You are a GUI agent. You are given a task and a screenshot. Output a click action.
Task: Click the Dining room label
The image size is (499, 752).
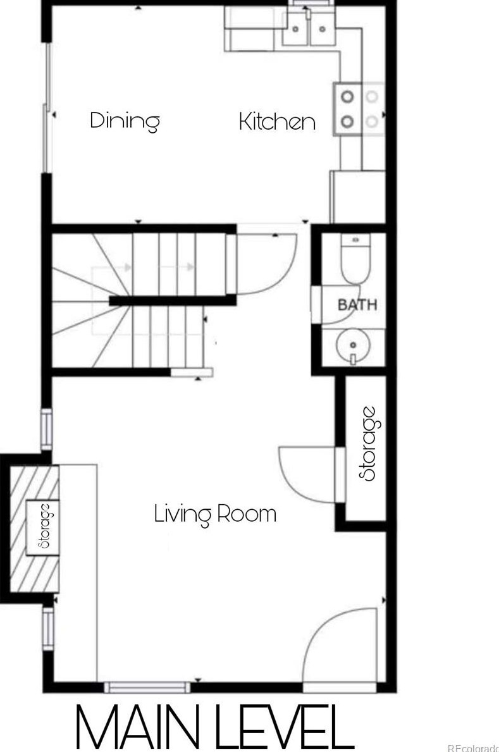coord(125,121)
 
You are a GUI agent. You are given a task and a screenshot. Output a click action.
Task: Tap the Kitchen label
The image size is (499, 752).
coord(278,121)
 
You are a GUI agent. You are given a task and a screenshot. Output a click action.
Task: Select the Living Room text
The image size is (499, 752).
coord(215,514)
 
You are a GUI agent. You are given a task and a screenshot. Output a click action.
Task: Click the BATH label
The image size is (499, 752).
coord(357,305)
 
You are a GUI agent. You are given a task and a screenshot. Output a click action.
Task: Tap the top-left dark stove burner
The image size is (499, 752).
coord(347,97)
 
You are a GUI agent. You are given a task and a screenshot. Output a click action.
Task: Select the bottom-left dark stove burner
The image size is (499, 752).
coord(347,121)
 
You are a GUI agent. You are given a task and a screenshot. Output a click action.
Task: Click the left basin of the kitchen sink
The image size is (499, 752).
coord(295,28)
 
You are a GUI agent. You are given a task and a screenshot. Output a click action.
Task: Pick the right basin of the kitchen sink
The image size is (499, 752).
coord(323,28)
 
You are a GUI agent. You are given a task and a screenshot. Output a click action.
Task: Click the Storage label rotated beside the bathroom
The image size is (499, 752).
coord(369,443)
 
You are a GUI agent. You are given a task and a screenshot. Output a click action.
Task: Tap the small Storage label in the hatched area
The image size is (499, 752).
coord(45,526)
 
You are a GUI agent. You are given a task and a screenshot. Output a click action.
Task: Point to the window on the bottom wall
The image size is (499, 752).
coord(147,687)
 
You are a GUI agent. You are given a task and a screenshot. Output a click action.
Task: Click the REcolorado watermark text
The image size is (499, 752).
coord(472,748)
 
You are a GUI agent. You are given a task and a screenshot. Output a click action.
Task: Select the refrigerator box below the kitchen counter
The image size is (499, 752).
coord(358,197)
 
